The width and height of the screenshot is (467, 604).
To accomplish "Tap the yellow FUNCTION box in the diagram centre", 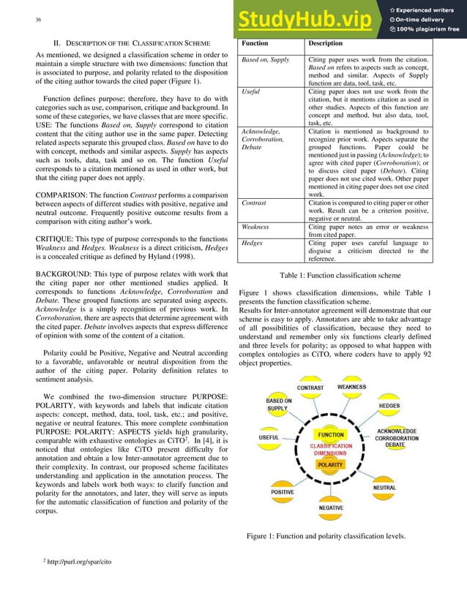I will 331,434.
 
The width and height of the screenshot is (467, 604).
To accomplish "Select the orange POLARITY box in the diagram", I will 331,464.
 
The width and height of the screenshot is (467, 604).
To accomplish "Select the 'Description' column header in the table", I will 325,44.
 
